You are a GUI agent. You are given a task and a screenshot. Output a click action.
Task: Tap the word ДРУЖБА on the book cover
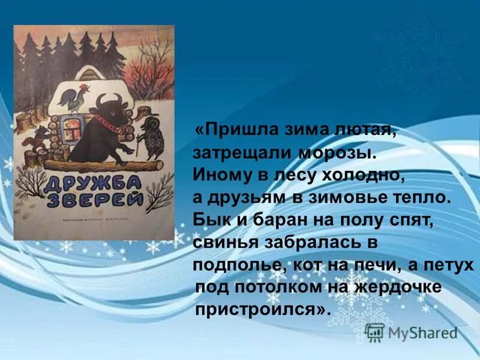pyautogui.click(x=91, y=180)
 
